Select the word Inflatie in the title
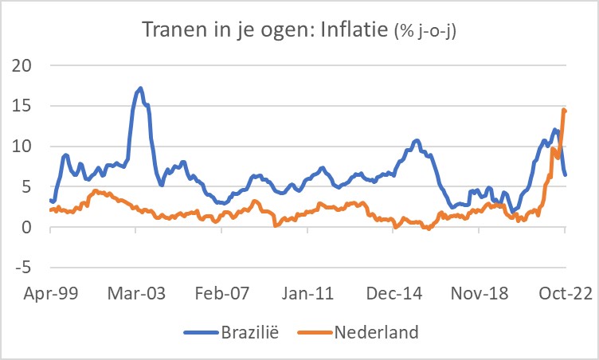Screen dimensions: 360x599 pos(350,30)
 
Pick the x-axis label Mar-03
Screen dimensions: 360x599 pos(136,292)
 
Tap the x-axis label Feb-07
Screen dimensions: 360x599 pos(222,292)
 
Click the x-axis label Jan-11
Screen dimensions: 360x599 pos(307,292)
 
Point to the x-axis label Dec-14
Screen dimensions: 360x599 pos(393,292)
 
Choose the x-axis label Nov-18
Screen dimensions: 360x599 pos(480,292)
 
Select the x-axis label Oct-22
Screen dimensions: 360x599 pos(565,292)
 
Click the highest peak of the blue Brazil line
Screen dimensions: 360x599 pos(140,88)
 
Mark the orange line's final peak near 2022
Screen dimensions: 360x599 pos(564,110)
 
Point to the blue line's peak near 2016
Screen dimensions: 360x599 pos(417,141)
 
